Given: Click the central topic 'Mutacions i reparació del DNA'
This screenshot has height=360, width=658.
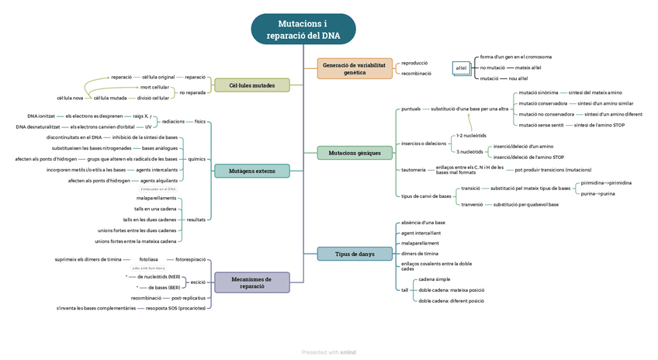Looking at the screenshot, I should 303,29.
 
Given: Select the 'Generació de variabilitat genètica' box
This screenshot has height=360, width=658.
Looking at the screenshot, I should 355,68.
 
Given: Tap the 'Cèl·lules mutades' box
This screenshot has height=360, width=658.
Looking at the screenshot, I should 251,85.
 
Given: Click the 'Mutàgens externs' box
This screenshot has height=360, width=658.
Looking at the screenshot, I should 251,171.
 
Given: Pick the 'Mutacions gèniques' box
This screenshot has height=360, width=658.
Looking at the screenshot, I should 355,153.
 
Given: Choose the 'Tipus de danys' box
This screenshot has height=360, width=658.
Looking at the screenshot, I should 355,254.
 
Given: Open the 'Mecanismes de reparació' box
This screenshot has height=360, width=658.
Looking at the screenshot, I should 251,282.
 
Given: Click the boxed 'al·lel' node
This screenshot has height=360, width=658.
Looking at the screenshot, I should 461,68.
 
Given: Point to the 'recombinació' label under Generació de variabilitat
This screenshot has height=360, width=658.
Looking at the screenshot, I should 416,74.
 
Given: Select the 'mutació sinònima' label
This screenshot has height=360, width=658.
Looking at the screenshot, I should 538,92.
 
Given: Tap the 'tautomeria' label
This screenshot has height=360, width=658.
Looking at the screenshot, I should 413,169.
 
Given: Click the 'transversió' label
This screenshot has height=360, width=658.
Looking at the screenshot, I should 472,205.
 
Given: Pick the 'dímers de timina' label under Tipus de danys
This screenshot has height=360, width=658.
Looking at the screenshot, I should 420,254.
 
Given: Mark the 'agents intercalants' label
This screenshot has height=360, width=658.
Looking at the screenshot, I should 158,169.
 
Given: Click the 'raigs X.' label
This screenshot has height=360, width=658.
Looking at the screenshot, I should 140,116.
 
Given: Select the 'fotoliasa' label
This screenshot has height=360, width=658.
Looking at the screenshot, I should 148,259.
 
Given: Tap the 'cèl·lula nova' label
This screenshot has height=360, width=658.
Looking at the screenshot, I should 70,98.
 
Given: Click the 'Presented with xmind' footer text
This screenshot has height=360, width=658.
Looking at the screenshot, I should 328,352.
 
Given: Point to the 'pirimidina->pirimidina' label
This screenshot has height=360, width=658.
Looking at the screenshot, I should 606,183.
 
